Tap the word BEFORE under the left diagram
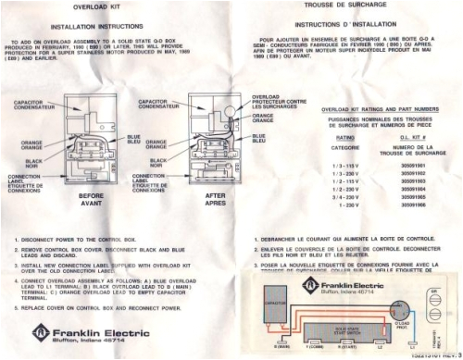coord(91,196)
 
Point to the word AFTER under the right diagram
coord(213,196)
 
